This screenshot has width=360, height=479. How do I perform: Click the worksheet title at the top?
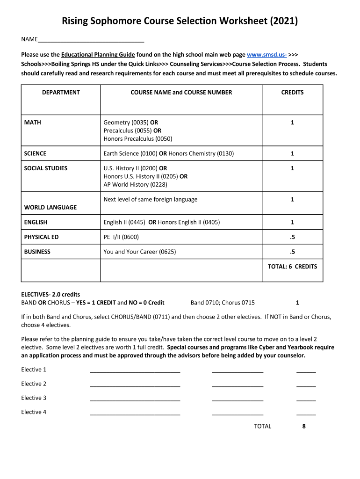[180, 21]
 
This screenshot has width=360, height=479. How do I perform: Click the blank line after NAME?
[91, 40]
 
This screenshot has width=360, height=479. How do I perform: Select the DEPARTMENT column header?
[61, 93]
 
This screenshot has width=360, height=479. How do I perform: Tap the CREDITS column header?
[292, 93]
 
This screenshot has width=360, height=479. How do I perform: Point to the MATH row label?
[33, 123]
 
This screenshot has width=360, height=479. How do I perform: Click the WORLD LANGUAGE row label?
[50, 207]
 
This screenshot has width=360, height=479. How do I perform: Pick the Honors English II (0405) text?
[189, 222]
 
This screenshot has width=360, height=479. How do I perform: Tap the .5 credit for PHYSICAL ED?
[292, 237]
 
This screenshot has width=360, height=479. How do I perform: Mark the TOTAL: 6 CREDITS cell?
[292, 267]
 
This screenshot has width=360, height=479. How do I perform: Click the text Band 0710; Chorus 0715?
[223, 303]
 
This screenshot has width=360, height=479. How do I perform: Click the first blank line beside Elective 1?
[135, 370]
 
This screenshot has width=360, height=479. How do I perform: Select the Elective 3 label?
[34, 398]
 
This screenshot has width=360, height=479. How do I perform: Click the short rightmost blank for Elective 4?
[306, 413]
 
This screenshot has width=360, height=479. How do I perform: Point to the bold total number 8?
[304, 426]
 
